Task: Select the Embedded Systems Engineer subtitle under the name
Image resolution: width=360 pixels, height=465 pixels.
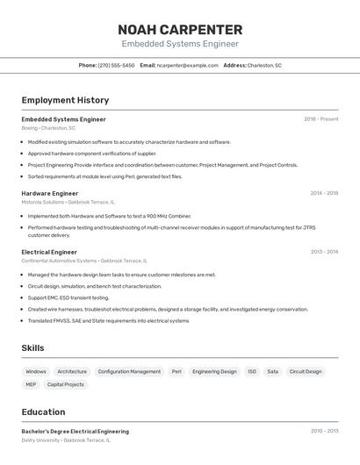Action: pos(180,44)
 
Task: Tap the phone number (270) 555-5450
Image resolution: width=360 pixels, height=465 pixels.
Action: pos(116,65)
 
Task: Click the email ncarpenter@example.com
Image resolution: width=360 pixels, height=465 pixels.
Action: pos(187,65)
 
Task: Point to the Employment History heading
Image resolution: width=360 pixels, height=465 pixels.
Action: pos(65,100)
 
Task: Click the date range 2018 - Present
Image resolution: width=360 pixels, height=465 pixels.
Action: pos(320,118)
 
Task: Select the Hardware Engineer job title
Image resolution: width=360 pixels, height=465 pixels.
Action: pos(50,193)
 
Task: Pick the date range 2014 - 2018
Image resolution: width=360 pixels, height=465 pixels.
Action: pos(324,193)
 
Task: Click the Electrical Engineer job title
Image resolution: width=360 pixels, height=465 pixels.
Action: pos(49,252)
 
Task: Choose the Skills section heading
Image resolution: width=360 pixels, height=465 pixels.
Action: pos(32,348)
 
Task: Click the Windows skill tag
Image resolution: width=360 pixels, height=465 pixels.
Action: pos(36,371)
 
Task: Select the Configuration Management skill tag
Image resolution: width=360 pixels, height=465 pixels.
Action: pos(129,371)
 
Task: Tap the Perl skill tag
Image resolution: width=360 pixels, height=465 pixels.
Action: pos(176,371)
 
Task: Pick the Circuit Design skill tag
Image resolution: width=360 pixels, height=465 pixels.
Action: pos(306,371)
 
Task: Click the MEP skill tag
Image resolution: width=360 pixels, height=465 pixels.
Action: pos(31,384)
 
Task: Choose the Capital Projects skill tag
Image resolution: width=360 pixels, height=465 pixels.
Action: pos(66,384)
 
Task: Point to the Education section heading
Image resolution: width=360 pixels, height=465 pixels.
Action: pos(43,411)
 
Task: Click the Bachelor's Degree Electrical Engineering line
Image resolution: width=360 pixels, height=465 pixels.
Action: pos(75,431)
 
